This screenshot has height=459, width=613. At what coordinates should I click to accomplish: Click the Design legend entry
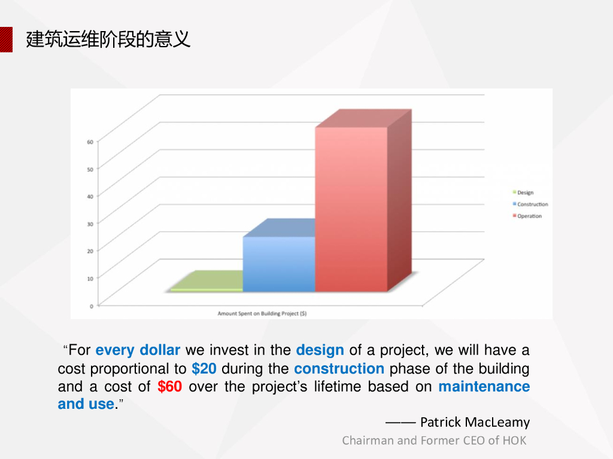[x=523, y=192]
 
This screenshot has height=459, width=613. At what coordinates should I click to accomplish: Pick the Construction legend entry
[x=530, y=204]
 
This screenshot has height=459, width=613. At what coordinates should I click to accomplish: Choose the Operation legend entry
[x=527, y=216]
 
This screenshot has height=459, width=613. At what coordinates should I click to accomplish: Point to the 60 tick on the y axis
[x=90, y=142]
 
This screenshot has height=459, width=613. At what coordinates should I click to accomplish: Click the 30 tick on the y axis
[x=90, y=224]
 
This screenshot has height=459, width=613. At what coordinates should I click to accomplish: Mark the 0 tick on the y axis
[x=92, y=306]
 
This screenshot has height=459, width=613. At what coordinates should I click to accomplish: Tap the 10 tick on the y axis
[x=90, y=279]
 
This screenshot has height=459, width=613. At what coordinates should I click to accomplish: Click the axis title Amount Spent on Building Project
[x=262, y=313]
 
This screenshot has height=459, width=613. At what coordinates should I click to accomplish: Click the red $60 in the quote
[x=169, y=387]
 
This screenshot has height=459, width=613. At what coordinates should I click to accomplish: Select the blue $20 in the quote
[x=204, y=368]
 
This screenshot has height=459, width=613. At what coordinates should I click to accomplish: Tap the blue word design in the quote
[x=320, y=350]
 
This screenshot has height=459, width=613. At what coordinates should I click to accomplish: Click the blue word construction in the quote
[x=339, y=368]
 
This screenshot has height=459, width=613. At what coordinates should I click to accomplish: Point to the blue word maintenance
[x=484, y=387]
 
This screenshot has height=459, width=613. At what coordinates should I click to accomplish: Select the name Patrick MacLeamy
[x=475, y=422]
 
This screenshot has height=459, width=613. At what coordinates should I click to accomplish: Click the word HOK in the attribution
[x=514, y=440]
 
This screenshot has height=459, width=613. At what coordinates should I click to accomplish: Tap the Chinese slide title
[x=108, y=39]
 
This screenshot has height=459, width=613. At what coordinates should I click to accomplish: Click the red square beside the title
[x=6, y=39]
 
